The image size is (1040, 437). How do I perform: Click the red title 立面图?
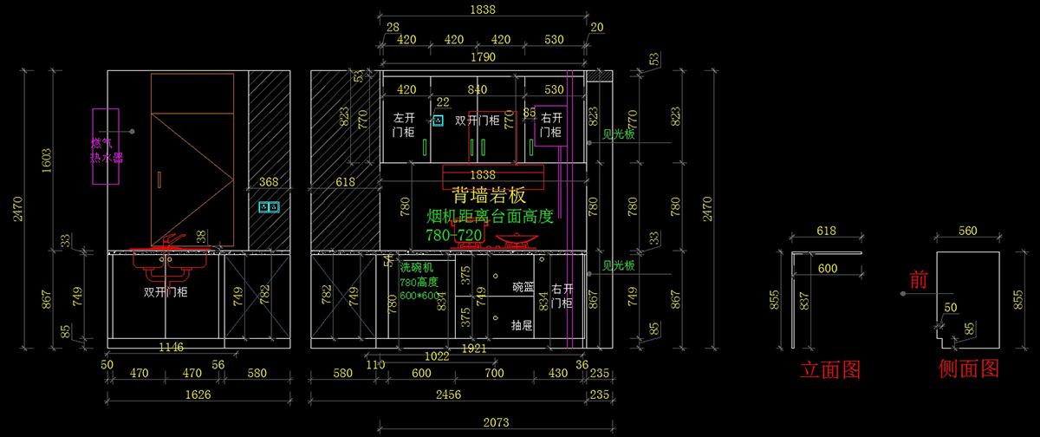(830, 369)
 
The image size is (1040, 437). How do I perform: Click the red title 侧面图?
(969, 369)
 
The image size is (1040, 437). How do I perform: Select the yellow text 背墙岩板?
(489, 196)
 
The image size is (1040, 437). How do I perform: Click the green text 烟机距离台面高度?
(490, 216)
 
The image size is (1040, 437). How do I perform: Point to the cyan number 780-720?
(453, 235)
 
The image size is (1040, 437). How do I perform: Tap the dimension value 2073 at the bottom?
(495, 423)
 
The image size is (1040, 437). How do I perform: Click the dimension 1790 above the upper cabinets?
(483, 57)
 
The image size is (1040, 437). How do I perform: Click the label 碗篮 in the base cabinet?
(523, 286)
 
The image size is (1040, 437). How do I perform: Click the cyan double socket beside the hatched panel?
(270, 207)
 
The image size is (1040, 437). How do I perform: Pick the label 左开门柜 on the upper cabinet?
(404, 125)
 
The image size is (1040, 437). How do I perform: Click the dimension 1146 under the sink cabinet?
(172, 347)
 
